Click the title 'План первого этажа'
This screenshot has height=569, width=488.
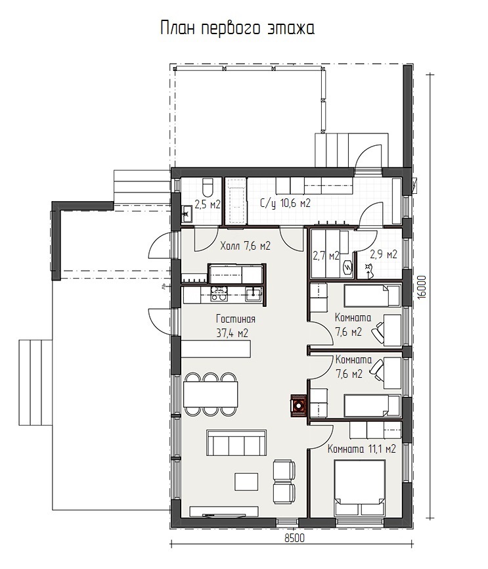(237, 28)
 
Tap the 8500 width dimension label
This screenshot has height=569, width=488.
(294, 538)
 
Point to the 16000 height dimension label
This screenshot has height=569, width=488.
(422, 287)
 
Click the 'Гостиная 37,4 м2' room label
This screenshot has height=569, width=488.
(236, 326)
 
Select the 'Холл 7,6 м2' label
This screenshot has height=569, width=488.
(245, 246)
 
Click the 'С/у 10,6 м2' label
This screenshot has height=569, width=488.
(286, 204)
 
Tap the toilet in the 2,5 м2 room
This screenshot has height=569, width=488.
(208, 187)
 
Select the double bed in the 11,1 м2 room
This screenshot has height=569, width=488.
(360, 488)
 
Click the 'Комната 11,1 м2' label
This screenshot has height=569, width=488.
(361, 449)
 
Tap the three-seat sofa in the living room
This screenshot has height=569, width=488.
(236, 443)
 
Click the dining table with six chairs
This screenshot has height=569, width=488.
(211, 394)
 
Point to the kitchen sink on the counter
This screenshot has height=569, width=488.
(253, 294)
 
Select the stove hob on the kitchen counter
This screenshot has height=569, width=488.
(219, 294)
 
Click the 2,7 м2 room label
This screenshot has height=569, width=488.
(326, 256)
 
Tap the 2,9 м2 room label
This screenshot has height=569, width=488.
(383, 254)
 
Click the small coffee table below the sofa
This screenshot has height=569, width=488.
(246, 482)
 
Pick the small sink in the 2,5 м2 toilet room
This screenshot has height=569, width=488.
(187, 214)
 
